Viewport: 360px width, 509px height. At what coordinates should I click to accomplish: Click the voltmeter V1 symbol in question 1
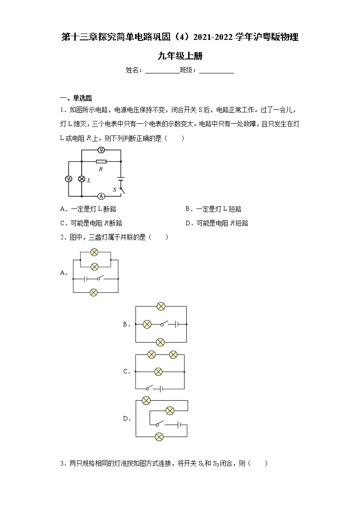point(102,150)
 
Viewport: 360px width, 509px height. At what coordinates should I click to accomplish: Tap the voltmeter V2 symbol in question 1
point(68,179)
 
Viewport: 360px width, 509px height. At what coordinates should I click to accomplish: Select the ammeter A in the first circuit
point(102,196)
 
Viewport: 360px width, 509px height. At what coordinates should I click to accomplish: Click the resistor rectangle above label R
point(102,161)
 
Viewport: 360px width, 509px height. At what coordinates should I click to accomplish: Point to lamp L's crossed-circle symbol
point(82,179)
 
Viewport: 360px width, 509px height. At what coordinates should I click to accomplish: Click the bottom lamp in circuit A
point(94,292)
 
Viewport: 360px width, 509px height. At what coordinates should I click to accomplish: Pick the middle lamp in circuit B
point(147,324)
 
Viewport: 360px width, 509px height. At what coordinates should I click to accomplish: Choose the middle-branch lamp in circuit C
point(158,372)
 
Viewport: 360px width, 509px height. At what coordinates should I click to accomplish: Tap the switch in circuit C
point(149,388)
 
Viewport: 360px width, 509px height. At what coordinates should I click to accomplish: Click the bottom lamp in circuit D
point(159,437)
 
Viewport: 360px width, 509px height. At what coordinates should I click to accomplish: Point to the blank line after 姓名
point(162,70)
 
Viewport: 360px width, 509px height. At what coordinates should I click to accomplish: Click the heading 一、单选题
point(76,98)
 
